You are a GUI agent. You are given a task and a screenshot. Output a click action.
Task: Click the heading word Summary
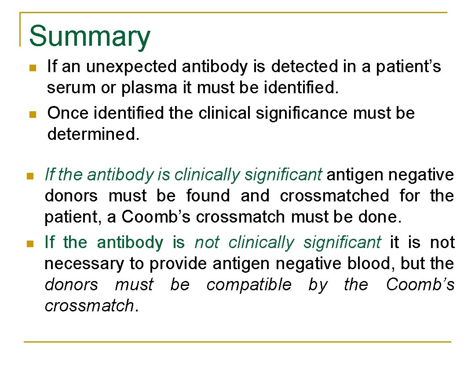click(x=89, y=37)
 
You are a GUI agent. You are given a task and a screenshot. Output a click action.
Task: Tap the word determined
click(x=93, y=134)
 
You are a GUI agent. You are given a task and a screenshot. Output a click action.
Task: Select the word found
click(x=208, y=196)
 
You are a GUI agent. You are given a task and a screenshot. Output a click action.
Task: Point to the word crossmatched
click(x=334, y=196)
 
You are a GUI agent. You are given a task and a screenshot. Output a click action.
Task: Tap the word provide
click(x=178, y=264)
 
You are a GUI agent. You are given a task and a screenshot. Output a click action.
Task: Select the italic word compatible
click(x=249, y=285)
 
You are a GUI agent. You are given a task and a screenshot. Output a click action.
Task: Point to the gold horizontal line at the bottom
click(x=237, y=342)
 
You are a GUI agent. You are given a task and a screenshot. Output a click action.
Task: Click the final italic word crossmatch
click(x=89, y=306)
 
